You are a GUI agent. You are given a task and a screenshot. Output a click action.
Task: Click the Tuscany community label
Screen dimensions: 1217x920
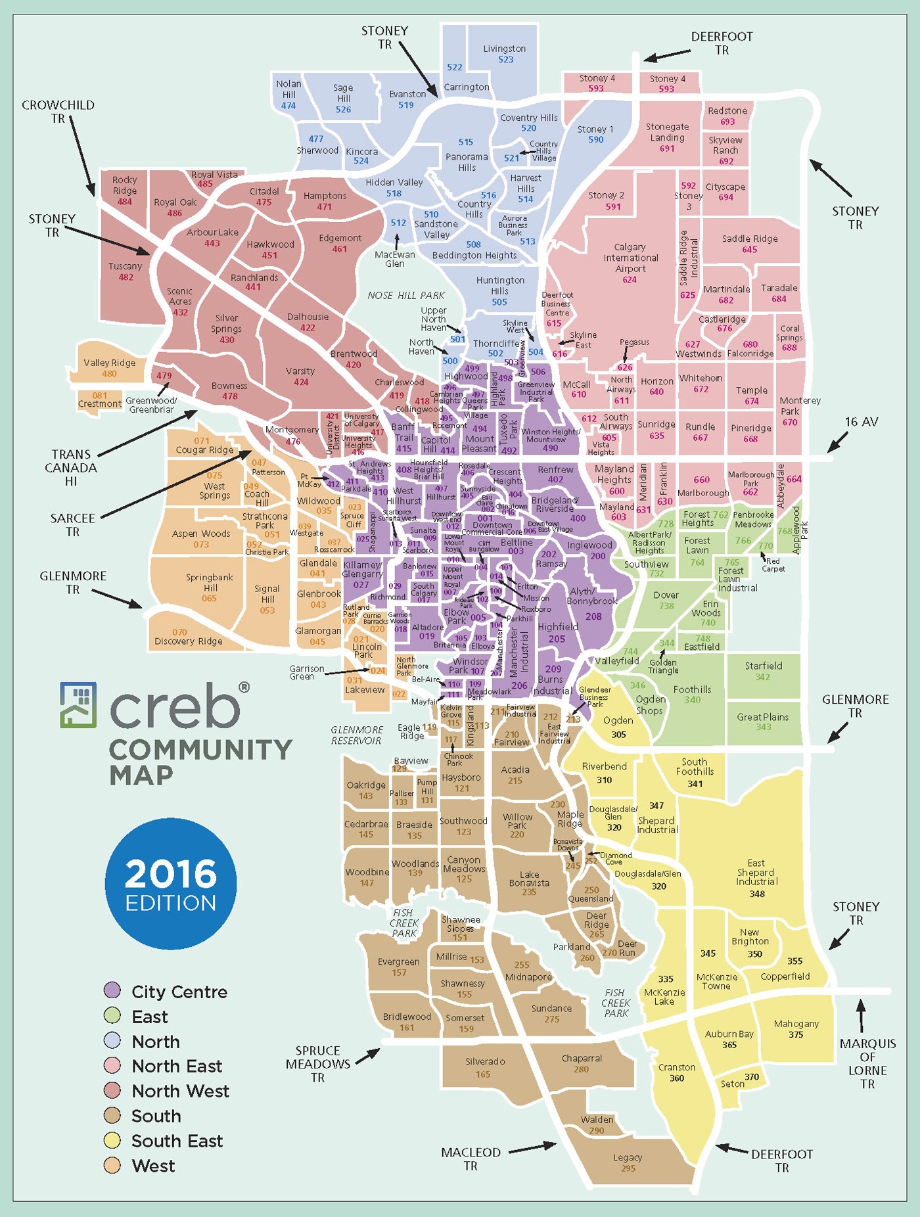(x=126, y=271)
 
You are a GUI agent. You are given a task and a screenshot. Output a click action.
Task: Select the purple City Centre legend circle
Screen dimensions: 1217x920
(x=112, y=990)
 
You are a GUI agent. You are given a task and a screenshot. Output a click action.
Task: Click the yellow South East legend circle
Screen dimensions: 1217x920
(x=112, y=1140)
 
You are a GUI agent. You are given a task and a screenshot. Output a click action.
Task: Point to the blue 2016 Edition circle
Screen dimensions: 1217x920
(x=171, y=883)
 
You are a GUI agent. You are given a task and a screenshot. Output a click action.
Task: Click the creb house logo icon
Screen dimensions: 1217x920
(x=78, y=704)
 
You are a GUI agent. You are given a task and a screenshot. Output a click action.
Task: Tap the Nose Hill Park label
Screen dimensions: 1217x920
(x=406, y=296)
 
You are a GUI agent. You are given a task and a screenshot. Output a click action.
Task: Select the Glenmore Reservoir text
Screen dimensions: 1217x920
(x=356, y=735)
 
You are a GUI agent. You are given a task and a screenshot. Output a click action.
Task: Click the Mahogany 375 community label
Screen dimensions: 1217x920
(x=796, y=1028)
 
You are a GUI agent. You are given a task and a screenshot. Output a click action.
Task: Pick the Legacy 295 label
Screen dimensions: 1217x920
(x=628, y=1162)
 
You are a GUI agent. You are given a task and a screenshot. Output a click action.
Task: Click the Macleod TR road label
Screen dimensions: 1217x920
(x=471, y=1159)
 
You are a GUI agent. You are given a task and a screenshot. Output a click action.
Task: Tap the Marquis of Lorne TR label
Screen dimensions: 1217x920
(x=867, y=1063)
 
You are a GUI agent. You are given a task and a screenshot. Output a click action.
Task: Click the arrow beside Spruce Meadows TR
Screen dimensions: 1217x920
(x=368, y=1053)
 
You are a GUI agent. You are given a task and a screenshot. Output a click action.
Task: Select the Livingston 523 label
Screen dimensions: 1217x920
(x=505, y=53)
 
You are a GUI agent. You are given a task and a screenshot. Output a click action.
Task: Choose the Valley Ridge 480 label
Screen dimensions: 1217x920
(x=109, y=368)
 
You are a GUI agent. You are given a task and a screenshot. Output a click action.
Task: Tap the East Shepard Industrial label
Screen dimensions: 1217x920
(x=756, y=877)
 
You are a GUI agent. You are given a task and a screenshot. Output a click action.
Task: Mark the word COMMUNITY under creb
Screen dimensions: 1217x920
(x=200, y=750)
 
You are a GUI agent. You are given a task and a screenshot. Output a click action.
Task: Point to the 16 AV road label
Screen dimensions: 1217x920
(x=861, y=422)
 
